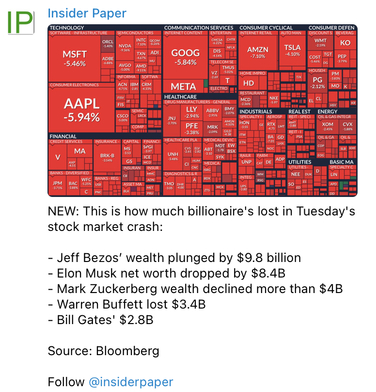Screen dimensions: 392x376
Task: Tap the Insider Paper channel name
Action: coord(87,14)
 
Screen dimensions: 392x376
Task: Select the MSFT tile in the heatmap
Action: coord(75,58)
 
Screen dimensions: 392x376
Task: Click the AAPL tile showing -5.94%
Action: coord(81,109)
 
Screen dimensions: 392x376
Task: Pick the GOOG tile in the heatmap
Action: coord(186,57)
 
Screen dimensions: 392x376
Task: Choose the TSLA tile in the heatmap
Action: coord(292,50)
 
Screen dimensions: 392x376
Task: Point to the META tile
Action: coord(184,87)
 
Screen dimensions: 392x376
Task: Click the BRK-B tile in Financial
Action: coord(107,157)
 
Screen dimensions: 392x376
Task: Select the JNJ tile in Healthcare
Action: coord(172,120)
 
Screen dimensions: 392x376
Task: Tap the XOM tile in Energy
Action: coord(328,126)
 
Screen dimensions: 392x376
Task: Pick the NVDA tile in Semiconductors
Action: coord(125,48)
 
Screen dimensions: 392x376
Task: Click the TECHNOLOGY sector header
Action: coord(67,28)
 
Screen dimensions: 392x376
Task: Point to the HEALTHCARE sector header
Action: coord(180,97)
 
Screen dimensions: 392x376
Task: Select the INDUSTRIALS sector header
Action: coord(255,112)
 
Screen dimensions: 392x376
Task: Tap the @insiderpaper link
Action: coord(130,381)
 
